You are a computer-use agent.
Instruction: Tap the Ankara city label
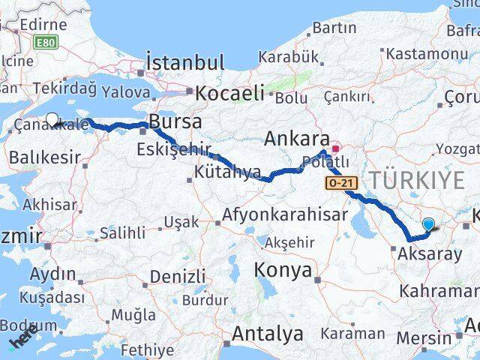coord(298,139)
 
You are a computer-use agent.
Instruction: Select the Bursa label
coord(175,121)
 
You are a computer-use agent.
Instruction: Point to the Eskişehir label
coord(173,149)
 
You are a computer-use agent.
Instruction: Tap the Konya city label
coord(283,269)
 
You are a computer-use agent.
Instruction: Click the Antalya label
coord(268,333)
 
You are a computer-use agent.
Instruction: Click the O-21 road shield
coord(339,183)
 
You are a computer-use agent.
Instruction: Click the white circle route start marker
coord(52,118)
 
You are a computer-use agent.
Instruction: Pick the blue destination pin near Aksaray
coord(428,223)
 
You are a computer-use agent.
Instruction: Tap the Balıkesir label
coord(44,157)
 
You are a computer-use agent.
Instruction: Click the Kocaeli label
coord(229,93)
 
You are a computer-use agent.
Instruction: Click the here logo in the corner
coord(24,341)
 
